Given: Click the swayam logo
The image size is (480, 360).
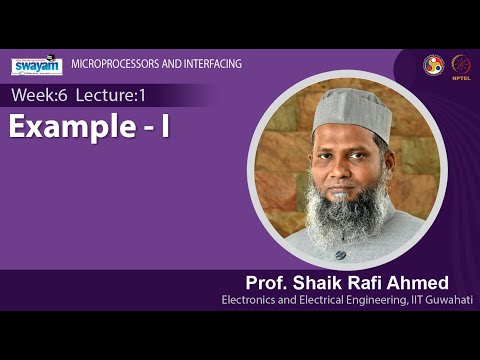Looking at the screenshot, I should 36,66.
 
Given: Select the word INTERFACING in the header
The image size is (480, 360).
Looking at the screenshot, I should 211,65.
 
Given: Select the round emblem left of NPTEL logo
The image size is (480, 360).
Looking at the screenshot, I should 433,64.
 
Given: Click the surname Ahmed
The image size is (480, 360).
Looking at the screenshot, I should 419,281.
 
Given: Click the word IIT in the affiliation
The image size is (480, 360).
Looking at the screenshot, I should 412,300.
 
